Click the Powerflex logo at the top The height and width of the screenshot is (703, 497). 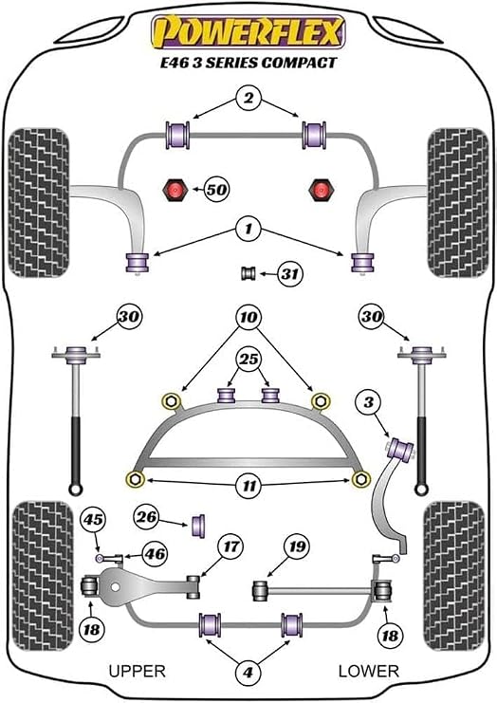248,31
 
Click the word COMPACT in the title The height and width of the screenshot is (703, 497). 299,63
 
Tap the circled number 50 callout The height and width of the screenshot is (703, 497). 216,190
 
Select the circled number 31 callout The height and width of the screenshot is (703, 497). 289,273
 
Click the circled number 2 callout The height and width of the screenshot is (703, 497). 248,98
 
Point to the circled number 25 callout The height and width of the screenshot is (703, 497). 249,360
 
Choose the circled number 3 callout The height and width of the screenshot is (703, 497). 368,402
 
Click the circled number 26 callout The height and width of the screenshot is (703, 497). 147,517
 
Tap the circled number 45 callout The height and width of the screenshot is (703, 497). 93,520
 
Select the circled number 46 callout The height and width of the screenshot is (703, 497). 155,554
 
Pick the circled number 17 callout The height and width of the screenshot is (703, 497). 230,546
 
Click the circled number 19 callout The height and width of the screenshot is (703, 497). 297,546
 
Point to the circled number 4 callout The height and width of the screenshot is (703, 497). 248,672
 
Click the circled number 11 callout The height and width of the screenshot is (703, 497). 249,486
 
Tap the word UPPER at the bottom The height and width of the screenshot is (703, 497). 138,671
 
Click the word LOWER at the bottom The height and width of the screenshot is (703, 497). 368,671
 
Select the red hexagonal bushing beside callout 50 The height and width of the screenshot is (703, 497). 175,190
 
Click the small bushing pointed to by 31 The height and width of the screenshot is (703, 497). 248,273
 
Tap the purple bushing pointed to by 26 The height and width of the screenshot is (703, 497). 198,525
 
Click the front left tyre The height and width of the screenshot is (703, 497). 39,203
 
